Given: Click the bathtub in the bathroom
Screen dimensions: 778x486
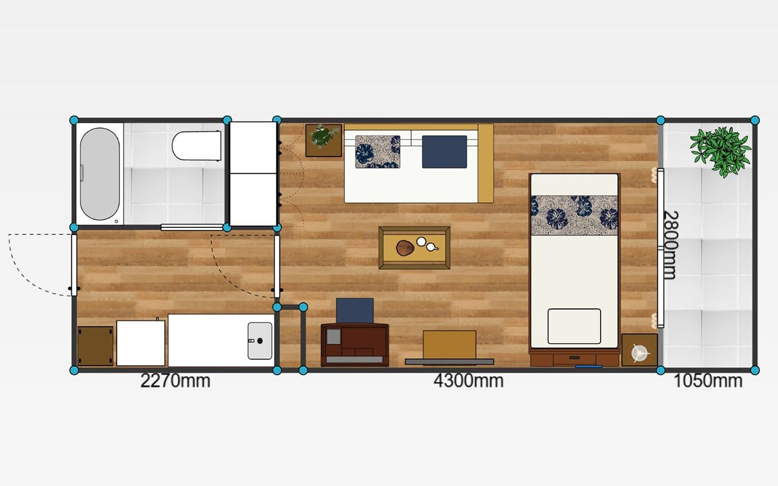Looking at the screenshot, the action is (x=99, y=173).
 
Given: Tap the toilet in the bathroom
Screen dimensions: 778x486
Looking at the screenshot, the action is (x=197, y=146).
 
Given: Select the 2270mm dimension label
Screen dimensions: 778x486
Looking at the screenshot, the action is (x=176, y=381).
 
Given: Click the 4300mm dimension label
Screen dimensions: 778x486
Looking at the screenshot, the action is (x=468, y=381).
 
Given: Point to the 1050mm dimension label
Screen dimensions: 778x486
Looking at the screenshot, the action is (x=708, y=381).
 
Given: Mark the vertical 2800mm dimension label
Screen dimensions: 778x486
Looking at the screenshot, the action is (x=670, y=245).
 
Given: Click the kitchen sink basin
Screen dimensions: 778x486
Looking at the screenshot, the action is (x=260, y=341).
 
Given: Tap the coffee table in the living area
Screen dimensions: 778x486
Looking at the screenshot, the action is (x=415, y=248).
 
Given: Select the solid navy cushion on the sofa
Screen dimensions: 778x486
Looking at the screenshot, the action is (x=445, y=152).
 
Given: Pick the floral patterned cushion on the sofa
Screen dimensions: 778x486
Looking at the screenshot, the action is (x=377, y=152).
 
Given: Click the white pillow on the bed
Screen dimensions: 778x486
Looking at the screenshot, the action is (x=574, y=327).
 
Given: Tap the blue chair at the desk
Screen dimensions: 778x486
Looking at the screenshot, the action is (x=355, y=311).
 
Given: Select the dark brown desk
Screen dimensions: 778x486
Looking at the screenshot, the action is (x=355, y=345).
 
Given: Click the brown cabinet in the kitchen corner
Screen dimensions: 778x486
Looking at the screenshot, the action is (x=95, y=345).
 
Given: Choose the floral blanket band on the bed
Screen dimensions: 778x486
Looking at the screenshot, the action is (x=574, y=216).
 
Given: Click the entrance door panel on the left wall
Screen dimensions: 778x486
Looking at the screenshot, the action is (x=74, y=265).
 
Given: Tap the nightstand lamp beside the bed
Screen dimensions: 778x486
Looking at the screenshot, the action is (x=639, y=353).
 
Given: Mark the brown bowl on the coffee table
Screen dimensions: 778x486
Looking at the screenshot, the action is (x=405, y=248).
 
